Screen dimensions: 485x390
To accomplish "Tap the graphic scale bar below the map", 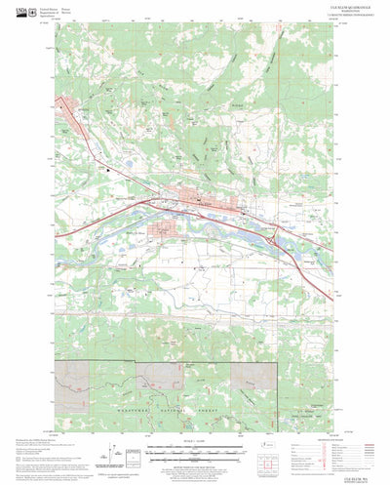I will click(x=195, y=448).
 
